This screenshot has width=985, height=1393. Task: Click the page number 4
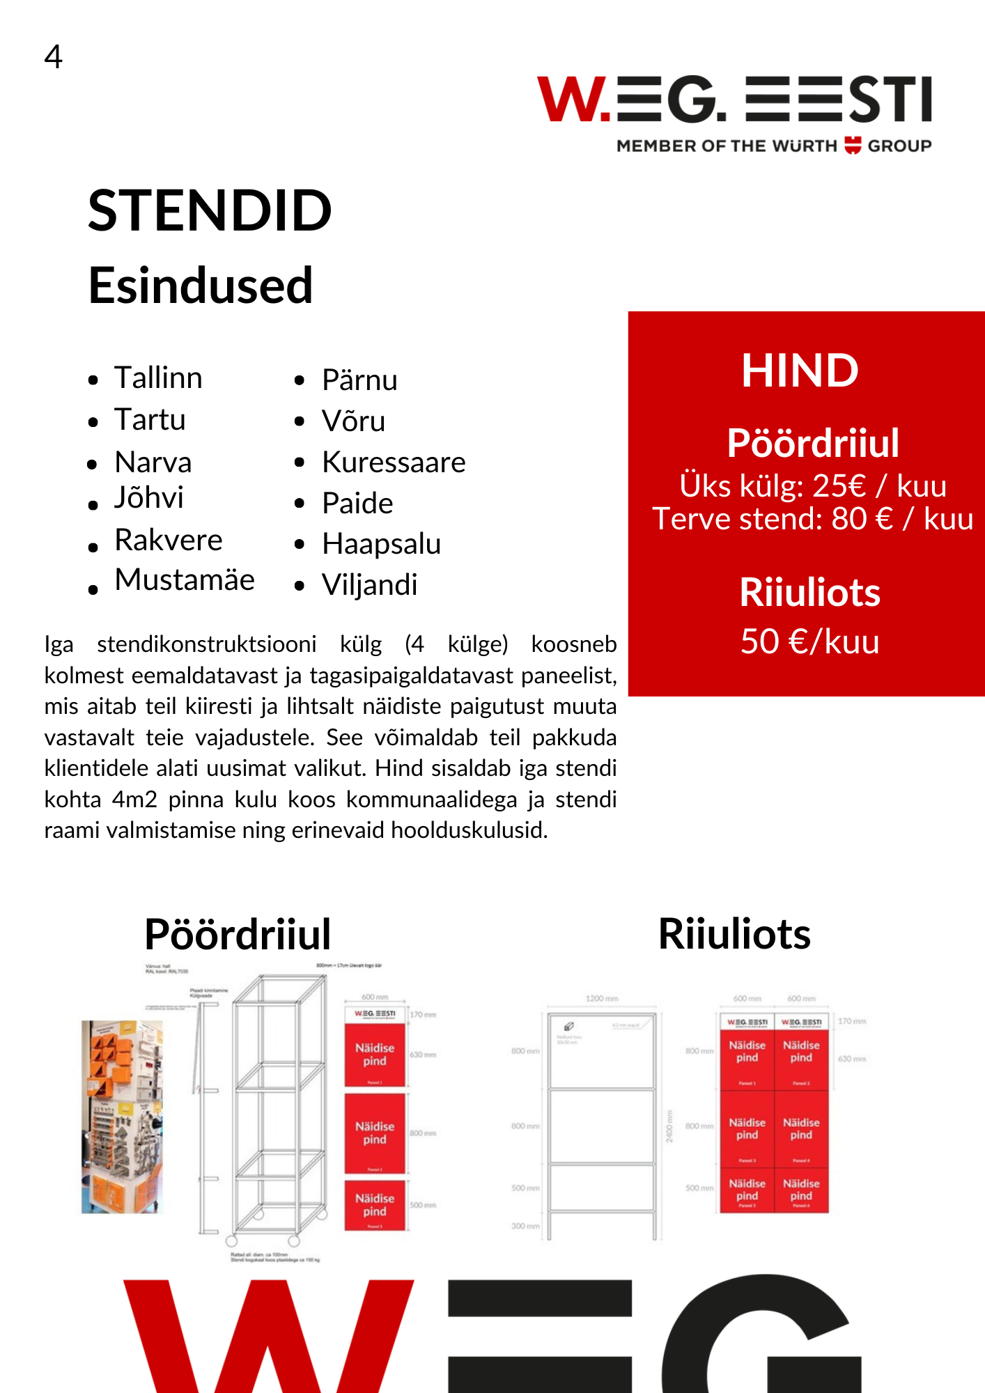pyautogui.click(x=53, y=56)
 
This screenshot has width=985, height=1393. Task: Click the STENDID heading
pyautogui.click(x=210, y=210)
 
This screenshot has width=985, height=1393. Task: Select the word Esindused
pyautogui.click(x=201, y=286)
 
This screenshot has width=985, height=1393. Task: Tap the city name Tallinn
pyautogui.click(x=158, y=378)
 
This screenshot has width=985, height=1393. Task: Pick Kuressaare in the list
pyautogui.click(x=394, y=462)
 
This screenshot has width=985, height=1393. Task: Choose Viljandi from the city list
pyautogui.click(x=369, y=585)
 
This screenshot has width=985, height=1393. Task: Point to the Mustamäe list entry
pyautogui.click(x=185, y=580)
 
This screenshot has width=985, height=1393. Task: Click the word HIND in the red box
pyautogui.click(x=800, y=371)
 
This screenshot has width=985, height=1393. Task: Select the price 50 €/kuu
pyautogui.click(x=809, y=641)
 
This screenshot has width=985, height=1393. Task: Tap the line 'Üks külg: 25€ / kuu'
pyautogui.click(x=812, y=486)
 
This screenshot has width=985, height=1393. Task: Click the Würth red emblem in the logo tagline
pyautogui.click(x=853, y=146)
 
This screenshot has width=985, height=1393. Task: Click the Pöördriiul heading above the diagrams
pyautogui.click(x=238, y=934)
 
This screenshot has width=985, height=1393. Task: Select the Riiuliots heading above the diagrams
pyautogui.click(x=734, y=934)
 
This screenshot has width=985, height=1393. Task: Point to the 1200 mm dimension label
pyautogui.click(x=602, y=999)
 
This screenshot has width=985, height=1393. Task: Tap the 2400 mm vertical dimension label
pyautogui.click(x=669, y=1126)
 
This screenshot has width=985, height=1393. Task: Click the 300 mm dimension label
pyautogui.click(x=525, y=1226)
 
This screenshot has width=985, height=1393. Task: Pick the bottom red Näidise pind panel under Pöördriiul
pyautogui.click(x=375, y=1206)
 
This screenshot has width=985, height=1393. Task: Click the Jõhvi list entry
pyautogui.click(x=149, y=498)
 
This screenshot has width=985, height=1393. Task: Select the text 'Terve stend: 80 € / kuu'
pyautogui.click(x=812, y=520)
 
